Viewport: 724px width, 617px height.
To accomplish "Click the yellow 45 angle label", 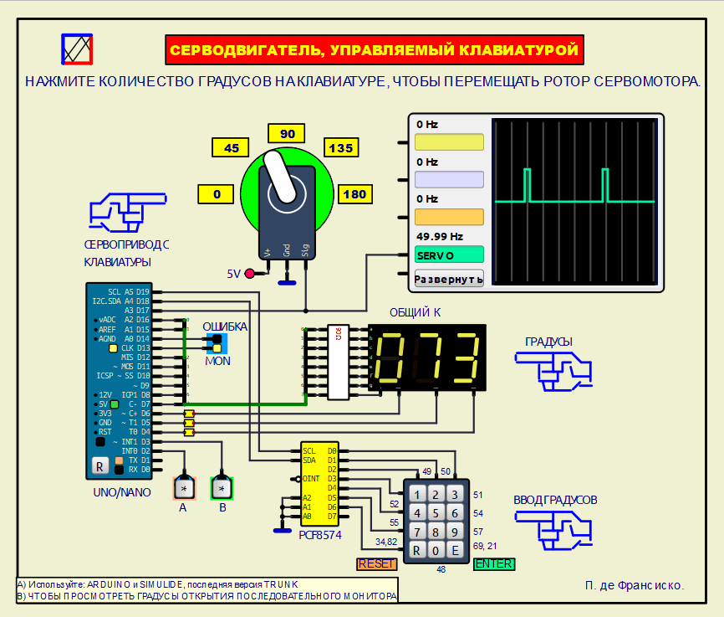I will tap(232, 148).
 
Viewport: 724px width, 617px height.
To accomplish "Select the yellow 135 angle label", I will tap(341, 148).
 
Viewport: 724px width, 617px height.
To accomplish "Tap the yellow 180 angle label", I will tap(354, 194).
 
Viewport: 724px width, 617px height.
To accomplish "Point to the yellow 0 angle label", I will tap(217, 194).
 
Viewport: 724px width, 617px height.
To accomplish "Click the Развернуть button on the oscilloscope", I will tap(449, 279).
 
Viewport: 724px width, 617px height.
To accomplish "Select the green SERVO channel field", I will tap(449, 255).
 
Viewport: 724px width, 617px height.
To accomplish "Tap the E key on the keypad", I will tap(453, 550).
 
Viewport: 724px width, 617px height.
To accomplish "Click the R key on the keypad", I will tap(416, 550).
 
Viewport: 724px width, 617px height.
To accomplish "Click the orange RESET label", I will tap(376, 563).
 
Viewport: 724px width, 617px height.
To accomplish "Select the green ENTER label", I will tap(494, 563).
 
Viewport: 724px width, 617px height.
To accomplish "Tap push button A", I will tap(182, 487).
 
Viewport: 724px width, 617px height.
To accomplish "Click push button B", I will tap(222, 487).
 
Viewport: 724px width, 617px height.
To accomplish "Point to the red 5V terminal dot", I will tap(249, 273).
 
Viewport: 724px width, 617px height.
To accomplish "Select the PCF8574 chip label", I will tap(320, 534).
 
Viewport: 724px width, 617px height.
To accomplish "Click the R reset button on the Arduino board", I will tap(99, 466).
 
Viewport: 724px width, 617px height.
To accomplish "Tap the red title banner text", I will tap(374, 50).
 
